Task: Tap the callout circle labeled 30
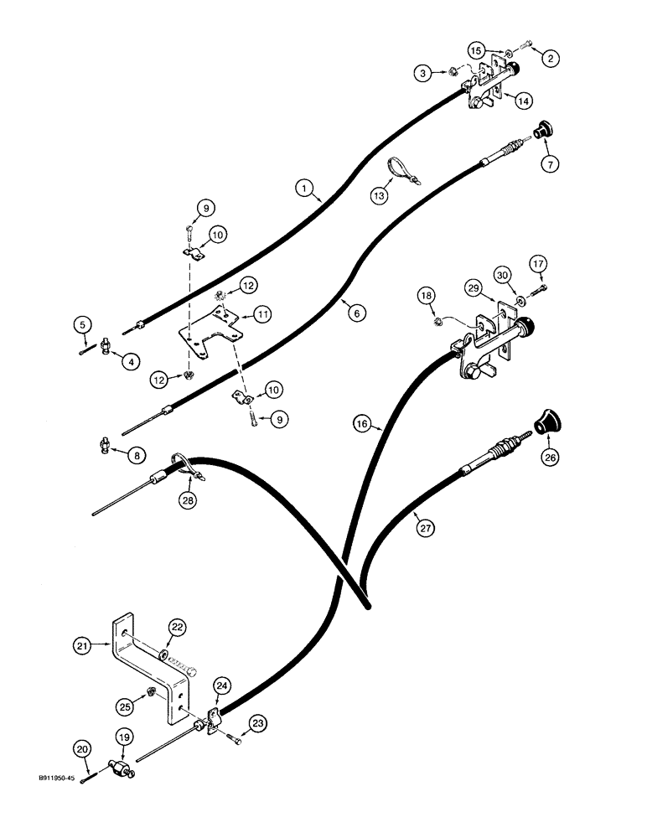[503, 276]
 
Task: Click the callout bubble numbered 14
[524, 100]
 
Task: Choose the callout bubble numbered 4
[108, 362]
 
